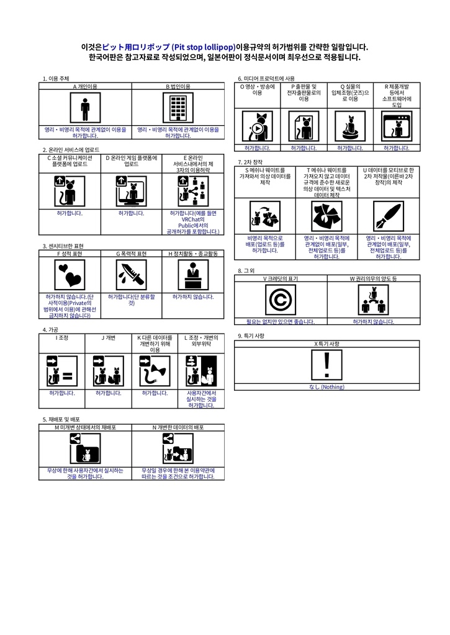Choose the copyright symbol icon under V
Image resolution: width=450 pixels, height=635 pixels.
pos(281,300)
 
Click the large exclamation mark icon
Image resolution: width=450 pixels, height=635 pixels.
pos(327,365)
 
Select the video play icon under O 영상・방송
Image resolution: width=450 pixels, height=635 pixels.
pos(257,127)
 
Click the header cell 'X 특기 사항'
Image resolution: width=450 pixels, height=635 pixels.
pos(327,343)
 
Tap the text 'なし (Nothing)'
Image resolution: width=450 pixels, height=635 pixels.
pos(326,387)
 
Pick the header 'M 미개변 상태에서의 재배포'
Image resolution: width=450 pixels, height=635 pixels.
pos(85,427)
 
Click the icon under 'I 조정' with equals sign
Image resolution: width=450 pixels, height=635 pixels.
pos(62,371)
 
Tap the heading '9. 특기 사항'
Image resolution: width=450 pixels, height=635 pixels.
pos(251,335)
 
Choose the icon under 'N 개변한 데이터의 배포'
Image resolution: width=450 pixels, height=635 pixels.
pos(178,448)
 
